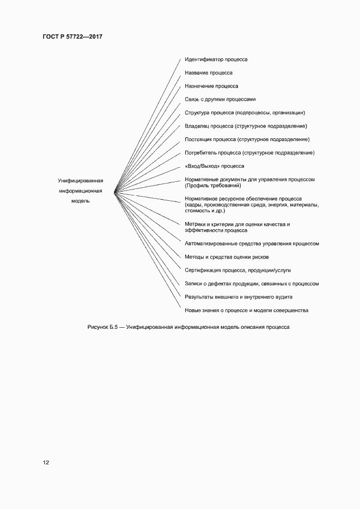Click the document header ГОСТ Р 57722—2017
pyautogui.click(x=72, y=36)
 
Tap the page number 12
pyautogui.click(x=46, y=463)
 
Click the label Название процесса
pyautogui.click(x=209, y=72)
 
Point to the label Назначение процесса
pyautogui.click(x=211, y=86)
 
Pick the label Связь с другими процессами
pyautogui.click(x=219, y=99)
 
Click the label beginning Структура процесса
pyautogui.click(x=245, y=113)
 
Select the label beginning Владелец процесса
pyautogui.click(x=246, y=126)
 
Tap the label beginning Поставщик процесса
pyautogui.click(x=247, y=139)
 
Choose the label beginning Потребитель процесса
pyautogui.click(x=249, y=152)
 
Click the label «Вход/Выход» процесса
pyautogui.click(x=215, y=166)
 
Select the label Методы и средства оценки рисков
pyautogui.click(x=227, y=257)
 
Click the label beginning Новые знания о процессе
pyautogui.click(x=247, y=310)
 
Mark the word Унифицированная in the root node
pyautogui.click(x=81, y=181)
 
